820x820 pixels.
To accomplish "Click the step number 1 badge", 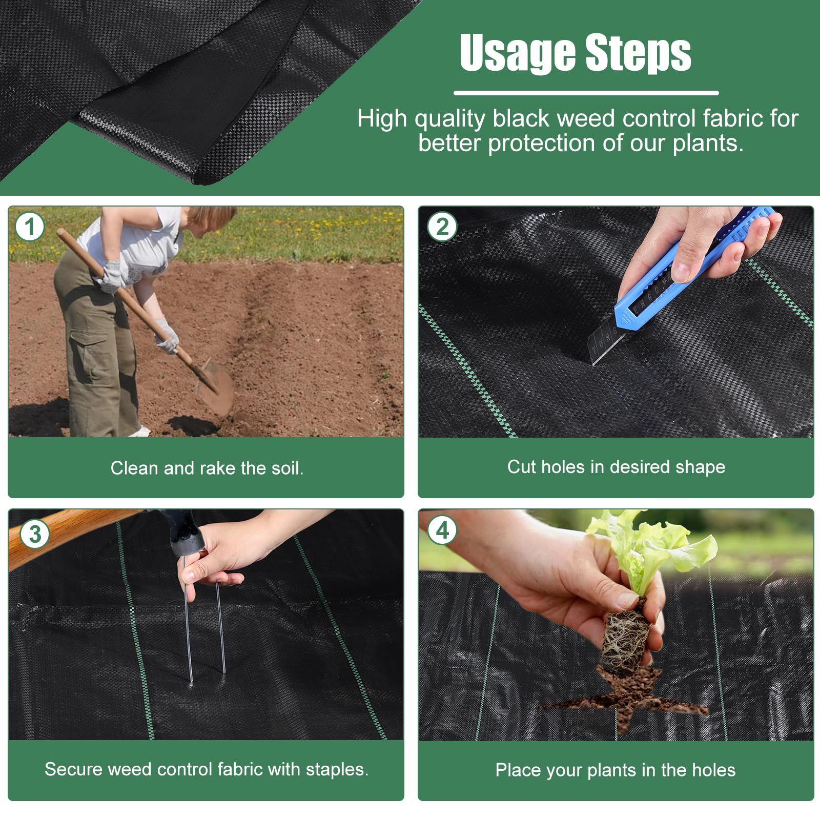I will (x=30, y=227).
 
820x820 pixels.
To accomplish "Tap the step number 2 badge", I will (x=442, y=227).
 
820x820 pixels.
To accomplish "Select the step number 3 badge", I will (x=35, y=535).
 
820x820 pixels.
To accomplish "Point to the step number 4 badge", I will (x=442, y=530).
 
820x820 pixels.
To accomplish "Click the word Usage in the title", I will (x=518, y=53).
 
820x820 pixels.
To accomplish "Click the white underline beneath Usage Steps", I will (x=586, y=93).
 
